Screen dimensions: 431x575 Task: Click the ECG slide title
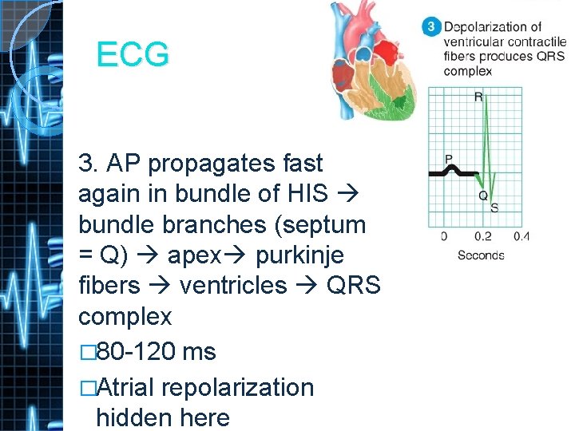[x=133, y=55]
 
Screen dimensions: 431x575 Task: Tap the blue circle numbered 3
[x=430, y=28]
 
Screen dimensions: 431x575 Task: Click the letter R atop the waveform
[x=478, y=97]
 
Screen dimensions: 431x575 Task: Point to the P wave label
[x=448, y=159]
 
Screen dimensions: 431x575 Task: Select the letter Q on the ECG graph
[x=483, y=195]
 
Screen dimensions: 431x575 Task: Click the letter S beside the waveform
[x=495, y=208]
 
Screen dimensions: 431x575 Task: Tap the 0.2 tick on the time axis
[x=482, y=236]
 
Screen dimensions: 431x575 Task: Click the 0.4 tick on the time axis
[x=521, y=236]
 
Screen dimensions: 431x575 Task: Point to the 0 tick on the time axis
[x=443, y=236]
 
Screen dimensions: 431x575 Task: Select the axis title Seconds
[x=481, y=255]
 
